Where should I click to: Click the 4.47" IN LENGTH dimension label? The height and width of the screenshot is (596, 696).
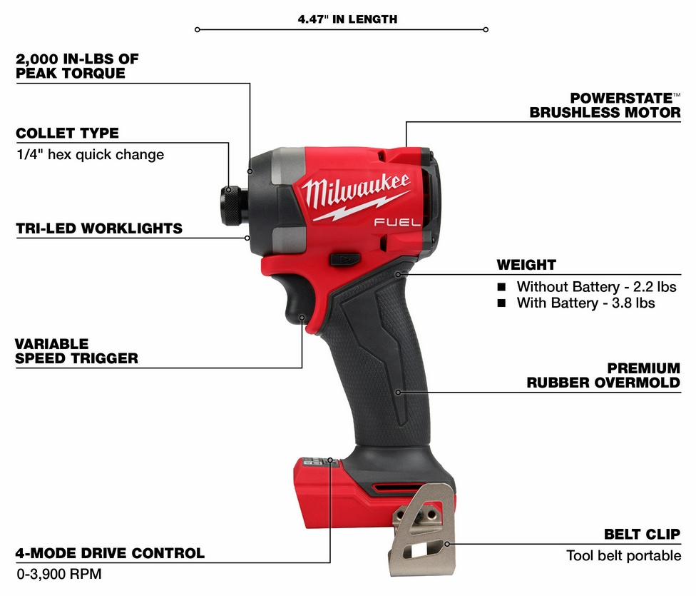pyautogui.click(x=347, y=19)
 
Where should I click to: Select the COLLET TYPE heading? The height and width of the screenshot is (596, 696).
pyautogui.click(x=67, y=133)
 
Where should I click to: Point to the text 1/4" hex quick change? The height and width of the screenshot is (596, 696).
pyautogui.click(x=90, y=154)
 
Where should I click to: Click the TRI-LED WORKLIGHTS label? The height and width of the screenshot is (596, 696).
pyautogui.click(x=99, y=228)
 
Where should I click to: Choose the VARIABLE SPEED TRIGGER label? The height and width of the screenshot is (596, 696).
pyautogui.click(x=76, y=350)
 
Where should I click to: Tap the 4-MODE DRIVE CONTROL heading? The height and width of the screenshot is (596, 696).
pyautogui.click(x=110, y=552)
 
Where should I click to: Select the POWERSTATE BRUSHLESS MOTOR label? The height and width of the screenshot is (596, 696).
pyautogui.click(x=605, y=105)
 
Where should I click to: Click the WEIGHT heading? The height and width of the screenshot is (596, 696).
pyautogui.click(x=526, y=265)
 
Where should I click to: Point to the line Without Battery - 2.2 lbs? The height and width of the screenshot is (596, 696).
pyautogui.click(x=595, y=286)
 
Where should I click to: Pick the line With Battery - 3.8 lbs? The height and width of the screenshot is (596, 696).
pyautogui.click(x=585, y=303)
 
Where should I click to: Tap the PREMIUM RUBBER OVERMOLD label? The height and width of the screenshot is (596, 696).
pyautogui.click(x=603, y=375)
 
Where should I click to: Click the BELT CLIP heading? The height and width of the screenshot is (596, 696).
pyautogui.click(x=642, y=534)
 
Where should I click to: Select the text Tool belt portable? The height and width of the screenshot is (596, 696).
pyautogui.click(x=623, y=555)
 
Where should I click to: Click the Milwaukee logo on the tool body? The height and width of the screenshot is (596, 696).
pyautogui.click(x=354, y=191)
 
